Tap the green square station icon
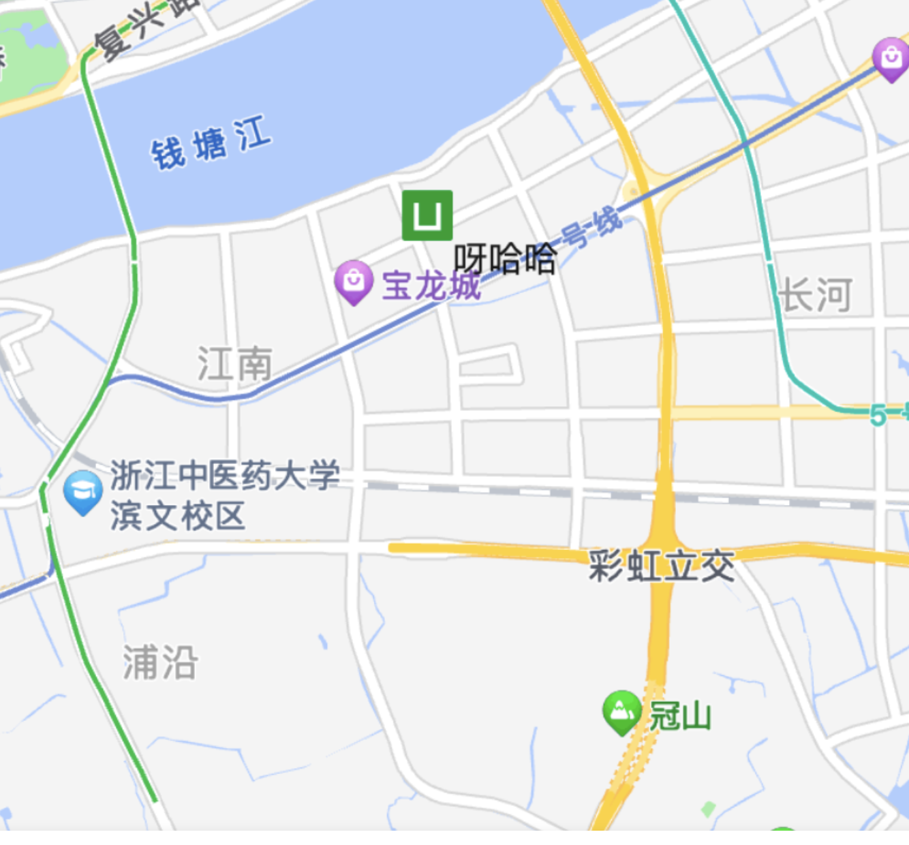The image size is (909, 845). click(427, 215)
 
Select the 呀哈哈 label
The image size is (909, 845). click(505, 259)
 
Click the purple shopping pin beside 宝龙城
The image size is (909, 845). click(354, 281)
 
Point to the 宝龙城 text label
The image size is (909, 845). click(431, 286)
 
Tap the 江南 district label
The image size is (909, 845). click(235, 363)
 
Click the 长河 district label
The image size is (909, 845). click(816, 295)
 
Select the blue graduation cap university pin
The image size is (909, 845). click(82, 491)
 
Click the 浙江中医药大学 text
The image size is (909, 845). click(225, 474)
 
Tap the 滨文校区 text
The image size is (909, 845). click(177, 515)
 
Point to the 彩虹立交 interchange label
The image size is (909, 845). click(662, 566)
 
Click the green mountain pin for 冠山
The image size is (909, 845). click(621, 711)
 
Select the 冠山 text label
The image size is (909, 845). click(679, 716)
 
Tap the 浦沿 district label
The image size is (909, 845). click(160, 662)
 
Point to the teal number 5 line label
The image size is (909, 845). click(878, 414)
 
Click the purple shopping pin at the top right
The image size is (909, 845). click(891, 59)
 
